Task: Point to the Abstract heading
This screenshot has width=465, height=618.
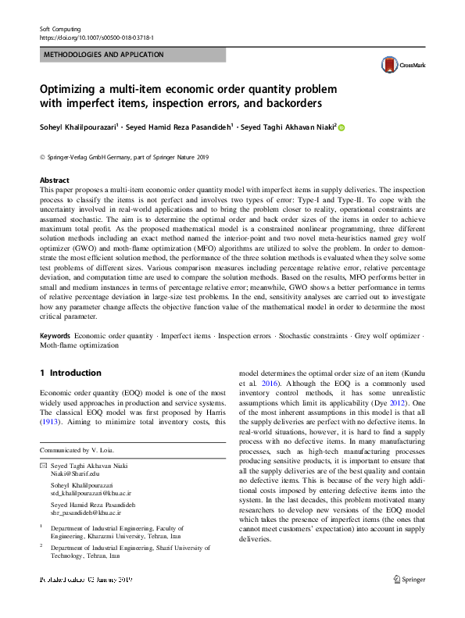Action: tap(54, 180)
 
